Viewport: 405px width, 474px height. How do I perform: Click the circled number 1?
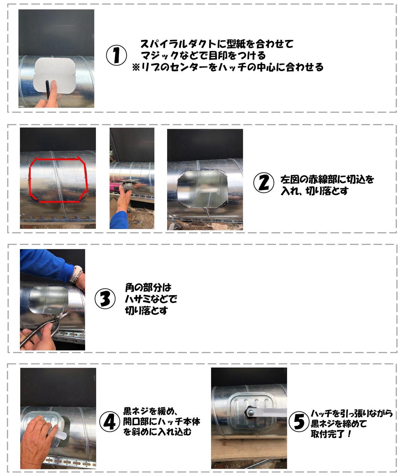tap(116, 55)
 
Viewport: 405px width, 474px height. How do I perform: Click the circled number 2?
tap(264, 183)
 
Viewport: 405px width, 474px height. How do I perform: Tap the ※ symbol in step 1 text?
tap(136, 67)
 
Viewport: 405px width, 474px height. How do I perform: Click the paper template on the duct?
tap(55, 75)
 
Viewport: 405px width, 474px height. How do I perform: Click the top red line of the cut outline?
tap(57, 159)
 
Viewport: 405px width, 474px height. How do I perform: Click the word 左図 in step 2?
tap(290, 179)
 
